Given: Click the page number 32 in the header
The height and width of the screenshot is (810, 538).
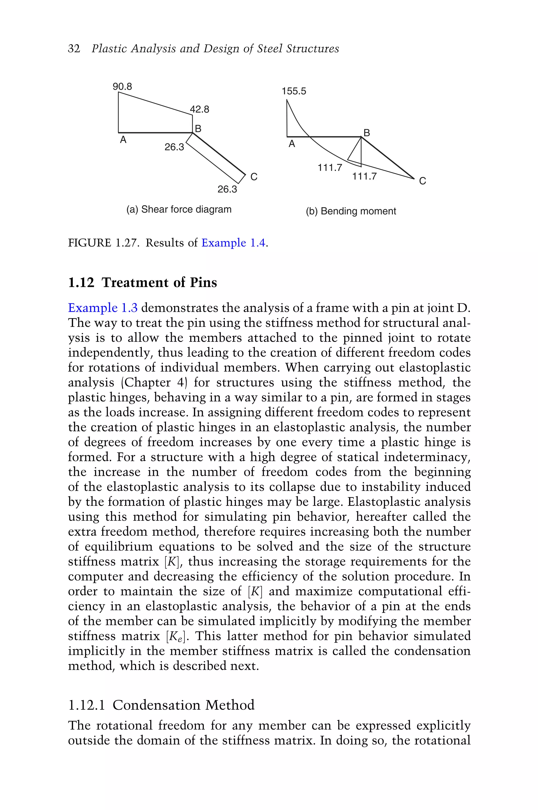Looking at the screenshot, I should (74, 49).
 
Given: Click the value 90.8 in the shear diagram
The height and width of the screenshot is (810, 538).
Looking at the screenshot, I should (122, 86).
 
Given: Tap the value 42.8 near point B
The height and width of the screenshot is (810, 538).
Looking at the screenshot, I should (199, 109).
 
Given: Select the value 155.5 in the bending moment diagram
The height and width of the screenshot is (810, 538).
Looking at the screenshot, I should (294, 91).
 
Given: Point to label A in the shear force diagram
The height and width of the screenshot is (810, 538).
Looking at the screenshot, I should (123, 140).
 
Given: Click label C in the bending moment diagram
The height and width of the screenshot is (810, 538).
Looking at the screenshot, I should (422, 181).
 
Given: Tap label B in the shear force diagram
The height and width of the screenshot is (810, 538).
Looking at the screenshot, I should (198, 129).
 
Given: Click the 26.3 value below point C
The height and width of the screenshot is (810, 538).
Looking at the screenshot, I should (227, 189).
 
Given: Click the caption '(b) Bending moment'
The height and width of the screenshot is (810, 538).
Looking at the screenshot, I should (351, 211).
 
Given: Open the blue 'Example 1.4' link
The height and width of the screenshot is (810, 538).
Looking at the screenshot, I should (233, 243).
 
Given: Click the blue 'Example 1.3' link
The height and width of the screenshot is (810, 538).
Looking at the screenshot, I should (103, 308).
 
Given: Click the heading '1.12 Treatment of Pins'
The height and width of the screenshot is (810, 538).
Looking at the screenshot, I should (142, 282).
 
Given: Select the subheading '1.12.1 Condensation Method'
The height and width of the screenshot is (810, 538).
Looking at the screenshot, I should (161, 705).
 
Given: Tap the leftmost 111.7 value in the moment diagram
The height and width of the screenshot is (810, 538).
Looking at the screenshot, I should (330, 168).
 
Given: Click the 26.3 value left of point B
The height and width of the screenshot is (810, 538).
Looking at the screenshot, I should (174, 147).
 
